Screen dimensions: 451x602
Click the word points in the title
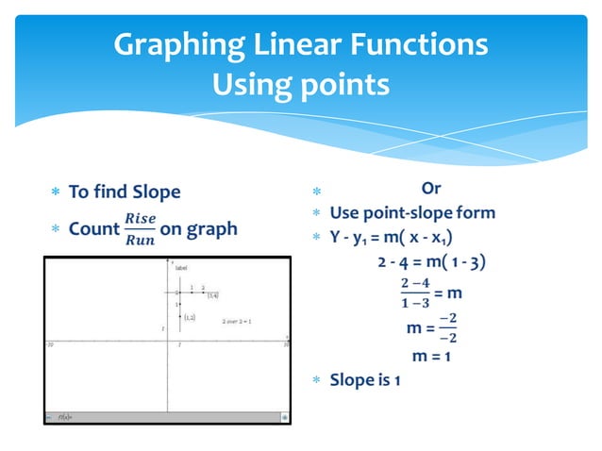pyautogui.click(x=341, y=85)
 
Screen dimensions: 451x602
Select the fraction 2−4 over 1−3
pyautogui.click(x=415, y=292)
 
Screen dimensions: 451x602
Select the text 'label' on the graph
pyautogui.click(x=180, y=268)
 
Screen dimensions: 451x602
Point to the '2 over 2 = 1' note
pyautogui.click(x=236, y=322)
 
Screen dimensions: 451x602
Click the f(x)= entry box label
pyautogui.click(x=65, y=415)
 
